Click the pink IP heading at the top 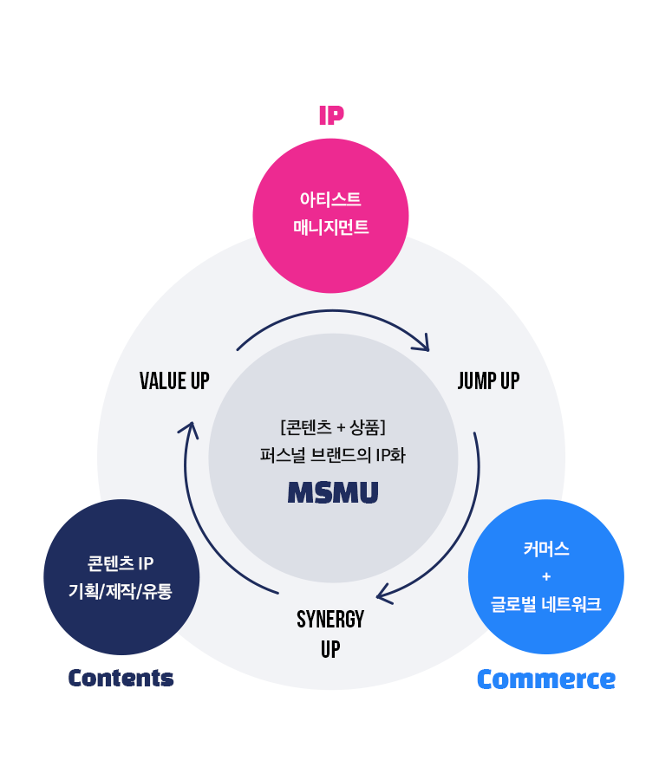pyautogui.click(x=331, y=115)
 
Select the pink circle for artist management pyautogui.click(x=330, y=216)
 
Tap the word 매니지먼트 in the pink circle pyautogui.click(x=331, y=227)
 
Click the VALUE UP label pyautogui.click(x=174, y=381)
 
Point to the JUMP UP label pyautogui.click(x=488, y=381)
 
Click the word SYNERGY pyautogui.click(x=330, y=620)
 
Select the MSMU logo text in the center pyautogui.click(x=333, y=492)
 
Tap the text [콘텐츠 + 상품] pyautogui.click(x=333, y=426)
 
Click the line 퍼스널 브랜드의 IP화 pyautogui.click(x=332, y=455)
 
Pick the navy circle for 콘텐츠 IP pyautogui.click(x=121, y=577)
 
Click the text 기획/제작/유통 pyautogui.click(x=121, y=591)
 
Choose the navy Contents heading pyautogui.click(x=121, y=678)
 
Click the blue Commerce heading pyautogui.click(x=546, y=679)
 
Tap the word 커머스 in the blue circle pyautogui.click(x=546, y=549)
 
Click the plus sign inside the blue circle pyautogui.click(x=546, y=576)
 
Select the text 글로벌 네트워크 pyautogui.click(x=546, y=604)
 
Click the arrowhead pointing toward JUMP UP pyautogui.click(x=423, y=344)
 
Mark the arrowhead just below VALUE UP pyautogui.click(x=190, y=429)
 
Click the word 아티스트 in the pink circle pyautogui.click(x=330, y=199)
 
